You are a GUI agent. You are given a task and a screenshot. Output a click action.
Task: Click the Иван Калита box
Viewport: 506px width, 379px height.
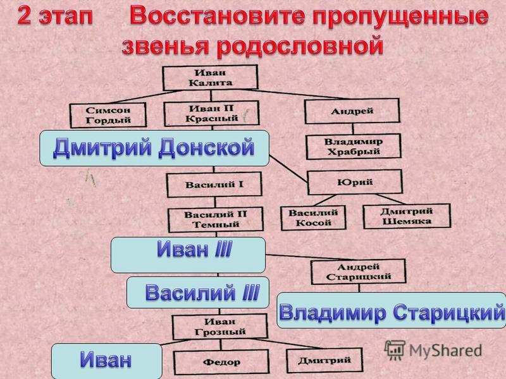click(210, 78)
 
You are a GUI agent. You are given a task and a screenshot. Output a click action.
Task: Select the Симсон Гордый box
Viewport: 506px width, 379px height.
click(108, 115)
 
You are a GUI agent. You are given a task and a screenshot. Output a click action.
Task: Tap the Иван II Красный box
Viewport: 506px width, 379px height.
click(211, 114)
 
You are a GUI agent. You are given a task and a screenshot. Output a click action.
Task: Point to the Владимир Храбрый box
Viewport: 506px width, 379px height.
click(354, 147)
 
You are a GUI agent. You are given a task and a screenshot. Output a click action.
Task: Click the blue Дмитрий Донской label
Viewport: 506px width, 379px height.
click(154, 148)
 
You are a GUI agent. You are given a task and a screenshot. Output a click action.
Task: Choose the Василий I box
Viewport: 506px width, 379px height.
click(214, 184)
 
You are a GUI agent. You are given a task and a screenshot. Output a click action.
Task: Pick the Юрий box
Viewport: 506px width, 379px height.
click(355, 183)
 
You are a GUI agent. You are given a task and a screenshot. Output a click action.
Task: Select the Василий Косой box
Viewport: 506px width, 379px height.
click(313, 218)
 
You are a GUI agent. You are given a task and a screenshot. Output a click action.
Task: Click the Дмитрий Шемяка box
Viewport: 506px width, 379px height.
click(407, 216)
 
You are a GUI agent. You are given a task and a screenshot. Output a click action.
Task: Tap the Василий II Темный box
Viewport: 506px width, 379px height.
click(216, 220)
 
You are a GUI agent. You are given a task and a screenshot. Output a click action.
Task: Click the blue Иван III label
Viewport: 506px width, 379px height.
click(188, 255)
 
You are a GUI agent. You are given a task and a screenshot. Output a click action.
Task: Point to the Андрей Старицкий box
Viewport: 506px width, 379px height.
click(358, 272)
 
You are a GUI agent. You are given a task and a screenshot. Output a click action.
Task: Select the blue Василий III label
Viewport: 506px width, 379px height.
click(198, 292)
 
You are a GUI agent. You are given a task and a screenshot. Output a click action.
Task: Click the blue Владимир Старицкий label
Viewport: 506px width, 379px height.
click(392, 310)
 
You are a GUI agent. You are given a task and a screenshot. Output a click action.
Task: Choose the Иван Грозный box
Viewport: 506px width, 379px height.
click(220, 327)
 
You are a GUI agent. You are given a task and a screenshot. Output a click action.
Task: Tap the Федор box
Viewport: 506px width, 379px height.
click(221, 362)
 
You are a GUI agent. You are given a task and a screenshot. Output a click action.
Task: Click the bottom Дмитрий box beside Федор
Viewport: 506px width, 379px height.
click(324, 360)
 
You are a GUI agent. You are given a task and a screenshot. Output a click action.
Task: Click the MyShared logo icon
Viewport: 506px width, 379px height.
click(395, 350)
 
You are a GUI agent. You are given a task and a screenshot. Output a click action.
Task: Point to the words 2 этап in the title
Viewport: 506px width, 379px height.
click(55, 16)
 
